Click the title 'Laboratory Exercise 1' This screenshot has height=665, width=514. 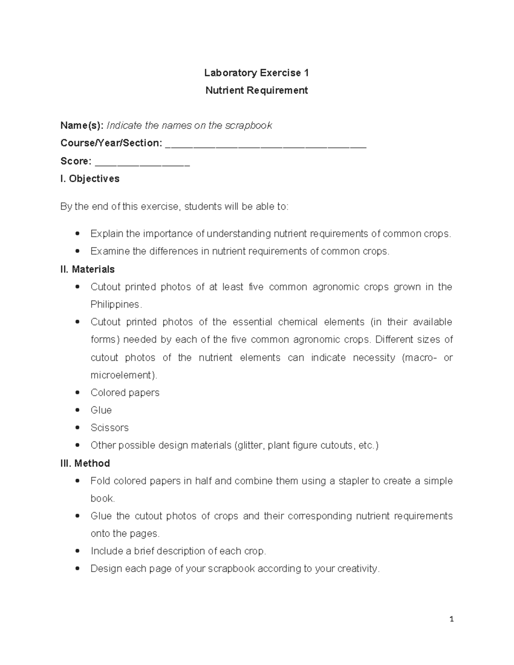tap(256, 73)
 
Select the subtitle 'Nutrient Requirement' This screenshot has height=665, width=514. tap(256, 90)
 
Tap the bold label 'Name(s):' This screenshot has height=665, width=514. tap(81, 125)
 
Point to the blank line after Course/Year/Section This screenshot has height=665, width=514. tap(266, 146)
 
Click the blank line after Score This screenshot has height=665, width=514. tap(142, 164)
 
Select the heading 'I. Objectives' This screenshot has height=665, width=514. tap(90, 179)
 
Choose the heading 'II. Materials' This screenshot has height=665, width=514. tap(87, 269)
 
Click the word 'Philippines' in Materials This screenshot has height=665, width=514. tap(115, 304)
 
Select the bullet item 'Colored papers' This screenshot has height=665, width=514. tap(125, 393)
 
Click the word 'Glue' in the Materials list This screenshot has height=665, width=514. tap(101, 410)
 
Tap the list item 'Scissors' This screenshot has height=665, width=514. tap(109, 428)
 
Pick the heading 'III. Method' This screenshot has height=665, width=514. tap(85, 463)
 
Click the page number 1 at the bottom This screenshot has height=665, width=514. tap(451, 619)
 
